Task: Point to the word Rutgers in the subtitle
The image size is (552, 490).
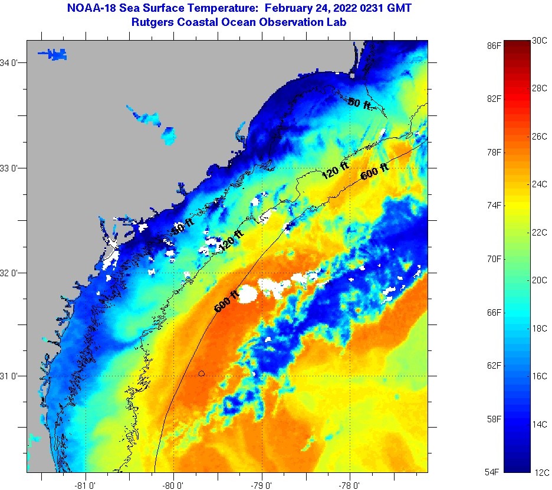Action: tap(152, 22)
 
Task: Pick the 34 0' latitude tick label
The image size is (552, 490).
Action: tap(12, 63)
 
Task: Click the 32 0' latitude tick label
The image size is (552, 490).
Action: tap(12, 273)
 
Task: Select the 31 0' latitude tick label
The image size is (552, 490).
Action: tap(12, 376)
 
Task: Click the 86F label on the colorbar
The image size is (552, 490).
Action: tap(494, 45)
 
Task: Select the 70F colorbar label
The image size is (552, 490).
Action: tap(494, 259)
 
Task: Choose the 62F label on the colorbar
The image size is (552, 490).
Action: tap(494, 366)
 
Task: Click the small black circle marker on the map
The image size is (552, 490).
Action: tap(202, 373)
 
